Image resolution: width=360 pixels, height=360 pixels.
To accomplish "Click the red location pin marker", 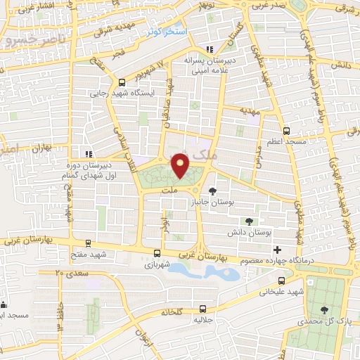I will pos(181,166).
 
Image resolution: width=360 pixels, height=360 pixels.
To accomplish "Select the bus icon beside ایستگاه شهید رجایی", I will pos(121,82).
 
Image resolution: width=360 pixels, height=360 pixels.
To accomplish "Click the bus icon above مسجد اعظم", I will pos(285,131).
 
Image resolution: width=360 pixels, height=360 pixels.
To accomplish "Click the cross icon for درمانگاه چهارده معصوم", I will pos(278,250).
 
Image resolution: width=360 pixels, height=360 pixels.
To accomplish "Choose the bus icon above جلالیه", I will pos(202,308).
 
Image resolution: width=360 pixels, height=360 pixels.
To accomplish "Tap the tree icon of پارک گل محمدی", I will pos(324,309).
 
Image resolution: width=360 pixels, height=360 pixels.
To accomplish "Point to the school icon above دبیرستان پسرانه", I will pos(209,49).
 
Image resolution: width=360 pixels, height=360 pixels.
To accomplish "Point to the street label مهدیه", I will pos(249,112).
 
